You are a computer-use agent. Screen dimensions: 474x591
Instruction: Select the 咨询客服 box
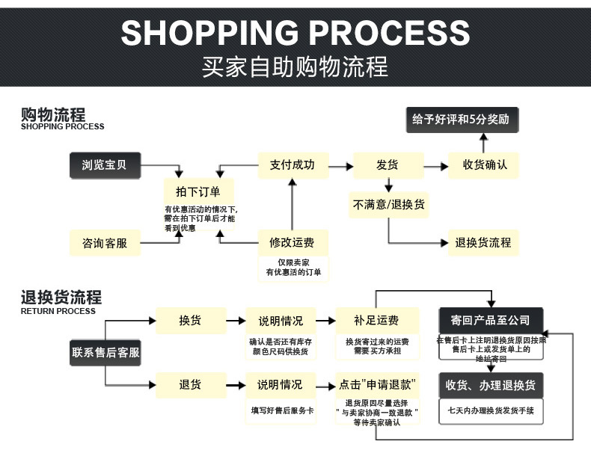(x=104, y=243)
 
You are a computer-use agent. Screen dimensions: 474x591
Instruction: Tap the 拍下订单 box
(x=198, y=191)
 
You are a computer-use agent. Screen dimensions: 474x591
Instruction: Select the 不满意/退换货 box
(x=388, y=204)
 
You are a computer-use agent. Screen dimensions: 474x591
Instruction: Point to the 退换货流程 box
(x=484, y=243)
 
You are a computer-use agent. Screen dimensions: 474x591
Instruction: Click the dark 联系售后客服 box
(x=105, y=352)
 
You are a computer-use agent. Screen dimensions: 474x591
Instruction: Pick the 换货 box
(x=190, y=321)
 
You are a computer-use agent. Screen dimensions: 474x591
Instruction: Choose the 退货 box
(x=190, y=385)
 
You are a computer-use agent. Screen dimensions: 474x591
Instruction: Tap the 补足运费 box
(x=376, y=321)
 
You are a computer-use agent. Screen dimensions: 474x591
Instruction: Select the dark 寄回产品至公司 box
(x=490, y=321)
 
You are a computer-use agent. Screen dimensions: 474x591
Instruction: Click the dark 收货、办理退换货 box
(x=490, y=386)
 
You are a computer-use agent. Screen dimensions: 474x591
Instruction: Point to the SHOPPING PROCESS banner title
(x=295, y=33)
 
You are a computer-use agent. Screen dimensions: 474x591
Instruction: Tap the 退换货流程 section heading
(x=61, y=298)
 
